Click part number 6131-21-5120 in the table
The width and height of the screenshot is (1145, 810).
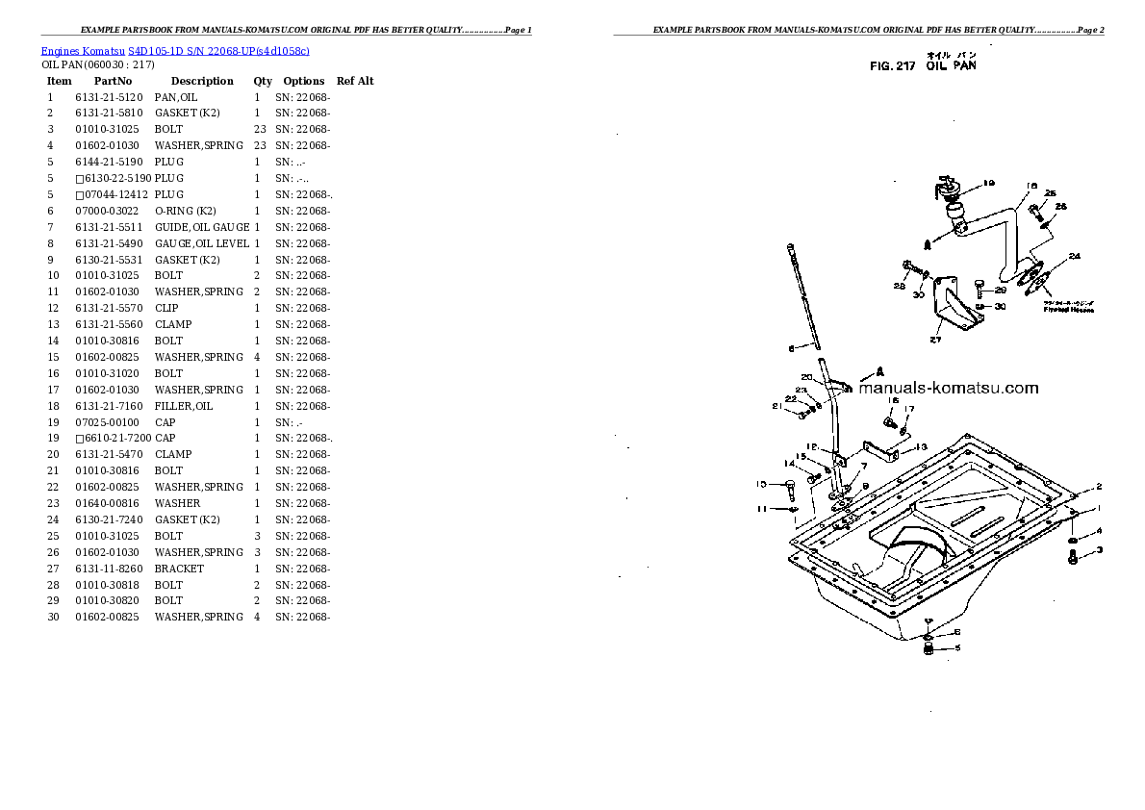[x=108, y=97]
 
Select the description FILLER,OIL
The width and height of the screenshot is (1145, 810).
[x=184, y=406]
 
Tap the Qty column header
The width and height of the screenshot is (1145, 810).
[x=263, y=81]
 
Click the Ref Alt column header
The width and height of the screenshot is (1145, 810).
[x=355, y=81]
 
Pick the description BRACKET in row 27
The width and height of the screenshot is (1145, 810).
[x=179, y=569]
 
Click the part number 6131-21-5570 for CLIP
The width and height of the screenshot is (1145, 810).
[x=108, y=308]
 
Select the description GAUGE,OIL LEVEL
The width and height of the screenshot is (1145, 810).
[x=201, y=243]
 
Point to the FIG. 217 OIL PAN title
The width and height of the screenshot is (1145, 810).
[x=922, y=66]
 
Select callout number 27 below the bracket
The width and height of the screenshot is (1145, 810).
[x=934, y=340]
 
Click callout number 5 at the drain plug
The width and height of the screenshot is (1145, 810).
[x=956, y=649]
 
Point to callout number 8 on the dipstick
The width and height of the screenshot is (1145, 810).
[x=790, y=348]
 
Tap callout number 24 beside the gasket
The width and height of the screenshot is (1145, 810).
[x=1074, y=256]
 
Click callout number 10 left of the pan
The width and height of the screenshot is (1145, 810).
[x=760, y=484]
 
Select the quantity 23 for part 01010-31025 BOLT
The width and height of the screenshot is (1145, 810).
[x=259, y=129]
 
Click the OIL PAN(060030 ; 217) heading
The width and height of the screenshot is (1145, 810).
[x=98, y=64]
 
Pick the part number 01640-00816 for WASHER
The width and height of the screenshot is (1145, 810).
[x=108, y=503]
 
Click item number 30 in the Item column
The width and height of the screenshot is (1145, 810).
[x=53, y=617]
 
